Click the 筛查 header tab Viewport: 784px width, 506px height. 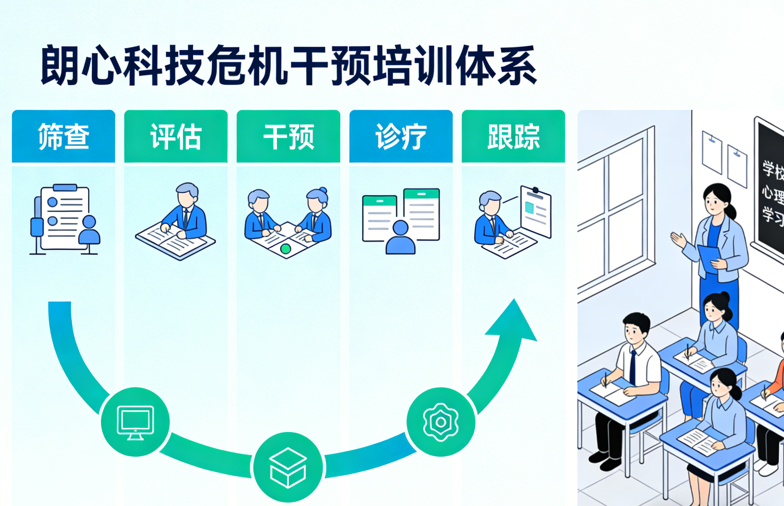click(64, 137)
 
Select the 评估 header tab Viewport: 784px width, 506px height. click(176, 137)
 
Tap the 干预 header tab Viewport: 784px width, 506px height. click(288, 137)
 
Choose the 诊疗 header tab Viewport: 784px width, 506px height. click(401, 137)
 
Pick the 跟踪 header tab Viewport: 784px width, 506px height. click(513, 137)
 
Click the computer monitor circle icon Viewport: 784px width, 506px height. click(135, 422)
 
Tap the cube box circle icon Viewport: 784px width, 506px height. click(288, 467)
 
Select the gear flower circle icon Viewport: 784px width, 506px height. click(441, 422)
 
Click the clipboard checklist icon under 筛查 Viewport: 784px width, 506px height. click(64, 218)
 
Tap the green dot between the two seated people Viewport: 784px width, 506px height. click(286, 249)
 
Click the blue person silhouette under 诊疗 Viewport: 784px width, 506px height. click(400, 238)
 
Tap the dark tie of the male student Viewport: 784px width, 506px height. click(633, 367)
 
